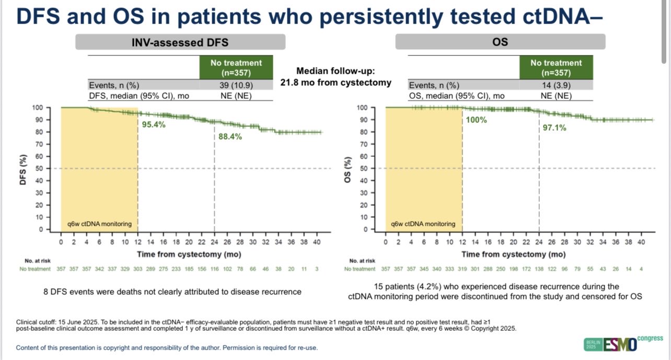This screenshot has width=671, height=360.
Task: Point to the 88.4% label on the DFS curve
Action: (230, 137)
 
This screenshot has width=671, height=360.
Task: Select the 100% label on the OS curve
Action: (476, 120)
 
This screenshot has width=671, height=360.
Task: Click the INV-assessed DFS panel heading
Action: (180, 42)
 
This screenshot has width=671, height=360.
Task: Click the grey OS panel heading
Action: (500, 42)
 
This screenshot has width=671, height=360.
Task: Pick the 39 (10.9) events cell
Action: (236, 85)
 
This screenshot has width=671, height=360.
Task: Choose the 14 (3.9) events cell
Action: (556, 85)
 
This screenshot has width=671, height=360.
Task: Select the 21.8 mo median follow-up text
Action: (335, 83)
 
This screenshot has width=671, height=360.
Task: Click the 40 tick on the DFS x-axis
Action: (317, 242)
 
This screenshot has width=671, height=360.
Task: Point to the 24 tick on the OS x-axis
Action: (539, 242)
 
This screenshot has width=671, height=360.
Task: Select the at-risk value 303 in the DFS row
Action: (137, 269)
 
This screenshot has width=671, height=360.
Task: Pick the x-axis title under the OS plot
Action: (514, 254)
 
